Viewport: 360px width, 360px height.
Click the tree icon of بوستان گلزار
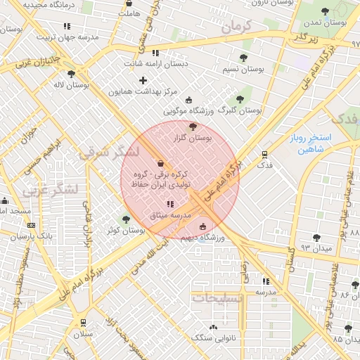pyautogui.click(x=193, y=127)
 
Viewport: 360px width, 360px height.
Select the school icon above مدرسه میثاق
pyautogui.click(x=169, y=204)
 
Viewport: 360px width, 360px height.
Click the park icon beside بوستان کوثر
pyautogui.click(x=127, y=219)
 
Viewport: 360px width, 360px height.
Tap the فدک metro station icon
pyautogui.click(x=264, y=154)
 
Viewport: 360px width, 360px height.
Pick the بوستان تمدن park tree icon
pyautogui.click(x=324, y=11)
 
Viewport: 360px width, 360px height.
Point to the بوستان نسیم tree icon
pyautogui.click(x=243, y=58)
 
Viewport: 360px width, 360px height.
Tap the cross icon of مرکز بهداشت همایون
pyautogui.click(x=143, y=80)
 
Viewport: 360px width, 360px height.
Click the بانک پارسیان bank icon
pyautogui.click(x=31, y=225)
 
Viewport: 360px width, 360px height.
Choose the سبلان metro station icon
pyautogui.click(x=84, y=323)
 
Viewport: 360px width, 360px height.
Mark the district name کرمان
pyautogui.click(x=236, y=27)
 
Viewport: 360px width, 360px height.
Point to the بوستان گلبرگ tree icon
pyautogui.click(x=240, y=99)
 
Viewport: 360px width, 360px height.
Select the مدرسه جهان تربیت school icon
pyautogui.click(x=67, y=26)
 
